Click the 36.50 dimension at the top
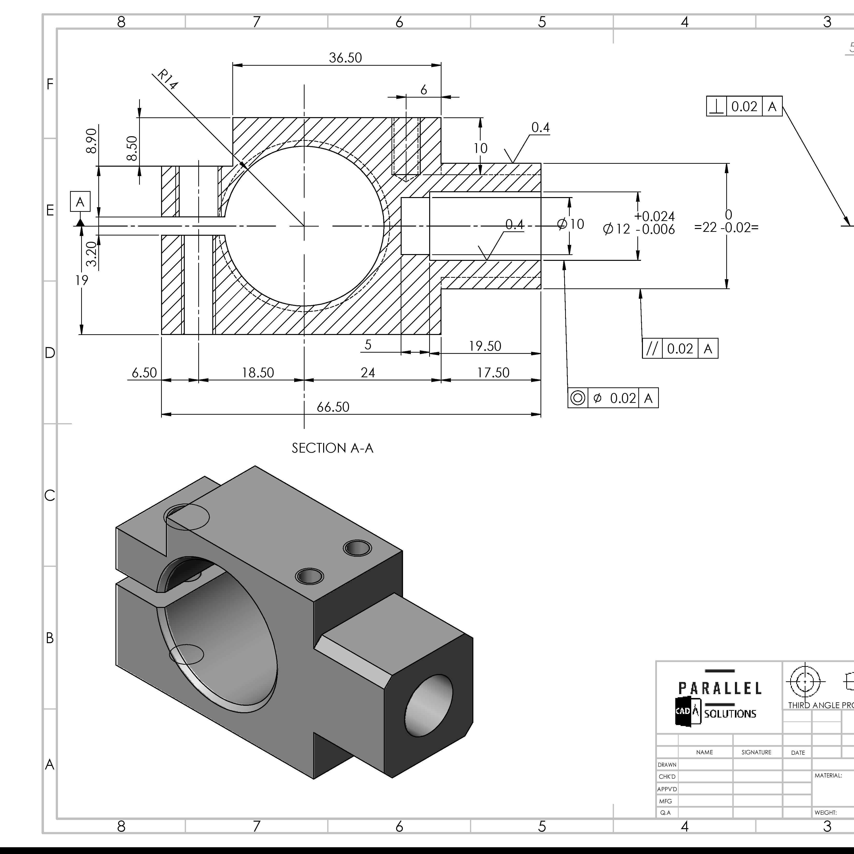pyautogui.click(x=345, y=58)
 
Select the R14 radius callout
pyautogui.click(x=168, y=79)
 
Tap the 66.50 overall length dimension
pyautogui.click(x=333, y=407)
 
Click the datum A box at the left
pyautogui.click(x=80, y=202)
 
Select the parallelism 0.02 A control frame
pyautogui.click(x=680, y=349)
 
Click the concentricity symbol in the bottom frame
pyautogui.click(x=577, y=398)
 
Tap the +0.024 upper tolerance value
pyautogui.click(x=654, y=216)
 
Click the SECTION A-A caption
pyautogui.click(x=332, y=448)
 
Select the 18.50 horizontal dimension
pyautogui.click(x=258, y=373)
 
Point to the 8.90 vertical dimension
pyautogui.click(x=92, y=141)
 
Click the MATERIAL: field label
pyautogui.click(x=828, y=775)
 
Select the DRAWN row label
pyautogui.click(x=667, y=765)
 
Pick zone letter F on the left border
pyautogui.click(x=50, y=84)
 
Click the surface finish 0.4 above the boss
pyautogui.click(x=540, y=128)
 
